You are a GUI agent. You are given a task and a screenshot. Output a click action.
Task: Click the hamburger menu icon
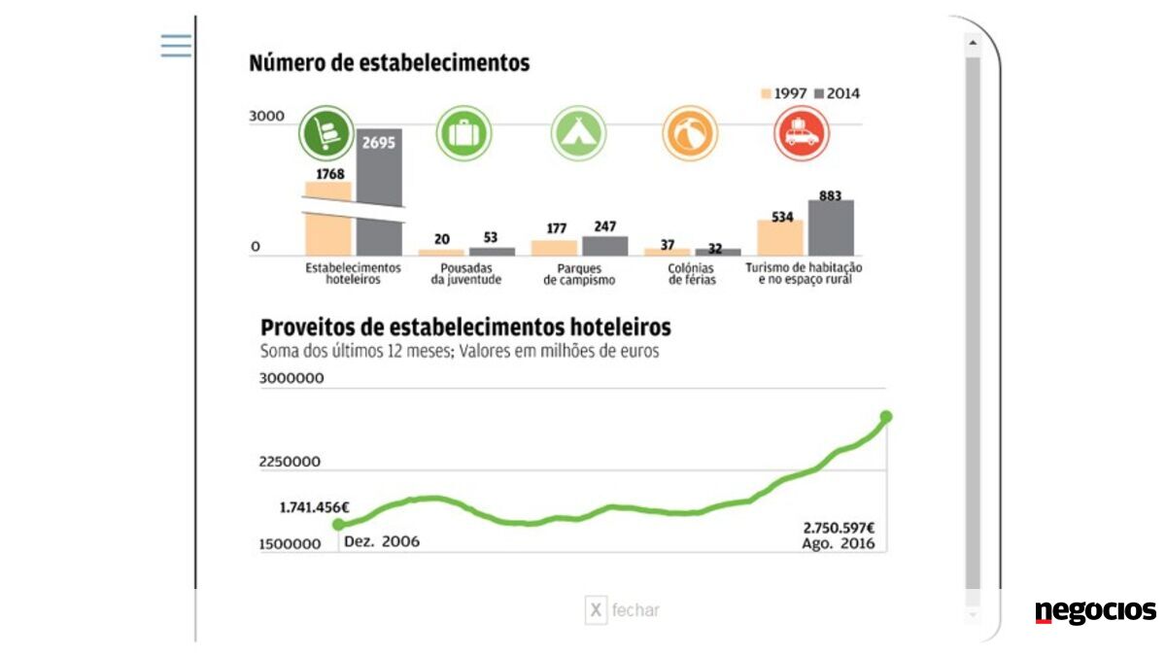tap(176, 45)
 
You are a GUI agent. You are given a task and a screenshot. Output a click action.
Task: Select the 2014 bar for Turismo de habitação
tap(831, 227)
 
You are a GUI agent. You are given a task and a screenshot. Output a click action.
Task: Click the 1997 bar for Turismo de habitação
tap(780, 237)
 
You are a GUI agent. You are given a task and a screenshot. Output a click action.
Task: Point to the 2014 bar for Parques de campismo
tap(605, 245)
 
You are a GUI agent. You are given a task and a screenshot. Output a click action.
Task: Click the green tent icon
tap(579, 132)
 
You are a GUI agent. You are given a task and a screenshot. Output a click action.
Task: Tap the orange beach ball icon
tap(690, 133)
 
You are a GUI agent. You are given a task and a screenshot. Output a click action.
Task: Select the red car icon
tap(802, 133)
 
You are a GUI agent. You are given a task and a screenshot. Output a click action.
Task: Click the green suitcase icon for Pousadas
tap(464, 132)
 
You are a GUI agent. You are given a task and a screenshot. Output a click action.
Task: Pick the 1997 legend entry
tap(784, 93)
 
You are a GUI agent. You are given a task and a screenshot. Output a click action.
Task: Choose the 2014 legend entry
tap(837, 93)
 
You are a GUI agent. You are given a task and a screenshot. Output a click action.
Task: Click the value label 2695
tap(378, 143)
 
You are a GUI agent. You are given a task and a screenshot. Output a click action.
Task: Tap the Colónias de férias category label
tap(692, 273)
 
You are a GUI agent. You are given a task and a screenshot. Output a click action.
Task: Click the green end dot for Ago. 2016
tap(886, 417)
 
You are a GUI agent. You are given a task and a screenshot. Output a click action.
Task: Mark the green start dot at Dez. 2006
tap(338, 525)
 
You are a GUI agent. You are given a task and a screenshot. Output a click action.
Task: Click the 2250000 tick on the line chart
tap(291, 462)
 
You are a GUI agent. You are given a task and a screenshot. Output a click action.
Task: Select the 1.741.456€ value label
tap(314, 507)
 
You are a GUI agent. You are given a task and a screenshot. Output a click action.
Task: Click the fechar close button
tap(623, 610)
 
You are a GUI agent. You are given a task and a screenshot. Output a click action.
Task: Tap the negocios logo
tap(1095, 611)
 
